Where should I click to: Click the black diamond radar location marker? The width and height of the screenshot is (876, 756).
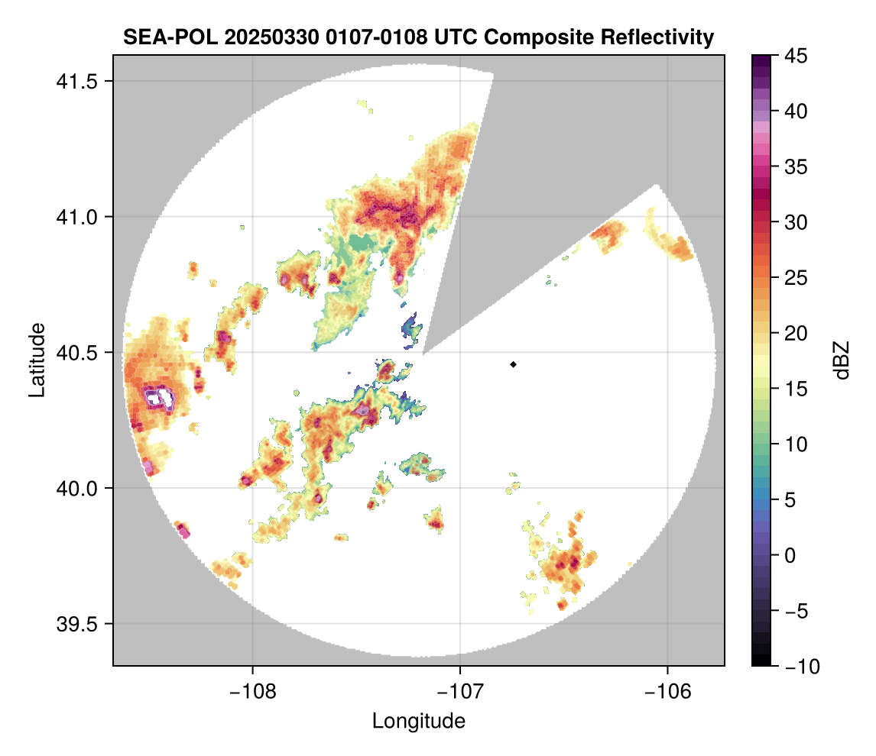coord(513,364)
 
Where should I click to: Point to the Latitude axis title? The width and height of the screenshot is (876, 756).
coord(36,360)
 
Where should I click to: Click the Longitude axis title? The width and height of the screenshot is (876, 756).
coord(418,720)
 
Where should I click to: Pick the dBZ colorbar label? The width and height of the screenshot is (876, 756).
coord(842,360)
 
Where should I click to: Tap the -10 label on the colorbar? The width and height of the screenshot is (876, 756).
coord(800,666)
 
